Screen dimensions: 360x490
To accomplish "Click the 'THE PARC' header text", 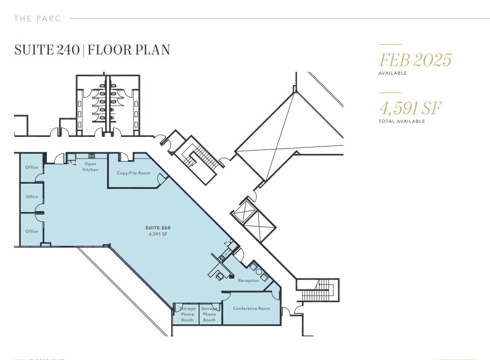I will pos(38,19).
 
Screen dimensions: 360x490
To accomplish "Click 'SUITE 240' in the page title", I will pos(47,50).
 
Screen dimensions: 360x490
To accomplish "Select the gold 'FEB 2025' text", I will pos(415,60).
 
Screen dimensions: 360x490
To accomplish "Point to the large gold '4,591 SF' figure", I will pos(410,108).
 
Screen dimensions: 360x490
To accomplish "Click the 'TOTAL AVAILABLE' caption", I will pos(402,121).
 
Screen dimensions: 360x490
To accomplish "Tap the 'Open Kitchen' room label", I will pos(90,167).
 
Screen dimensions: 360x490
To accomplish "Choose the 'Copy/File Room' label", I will pos(133,173).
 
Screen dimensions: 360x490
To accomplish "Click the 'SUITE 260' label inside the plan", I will pos(158,228).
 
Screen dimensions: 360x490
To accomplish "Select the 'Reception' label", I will pos(248,280).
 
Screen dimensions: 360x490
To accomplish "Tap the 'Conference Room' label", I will pos(251,308).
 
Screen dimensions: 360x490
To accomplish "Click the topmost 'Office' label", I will pos(32,167).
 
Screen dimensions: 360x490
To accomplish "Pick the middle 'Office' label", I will pos(32,197).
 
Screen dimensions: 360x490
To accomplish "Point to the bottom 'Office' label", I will pos(32,231).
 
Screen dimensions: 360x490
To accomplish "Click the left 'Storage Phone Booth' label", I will pos(187,314).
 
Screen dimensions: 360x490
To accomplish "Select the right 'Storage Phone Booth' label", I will pos(209,314).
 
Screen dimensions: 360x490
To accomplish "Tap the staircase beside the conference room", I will pos(317,292).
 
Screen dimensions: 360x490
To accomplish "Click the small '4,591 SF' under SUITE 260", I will pos(158,234).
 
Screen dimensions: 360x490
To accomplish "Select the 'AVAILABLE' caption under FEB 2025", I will pos(393,73).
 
